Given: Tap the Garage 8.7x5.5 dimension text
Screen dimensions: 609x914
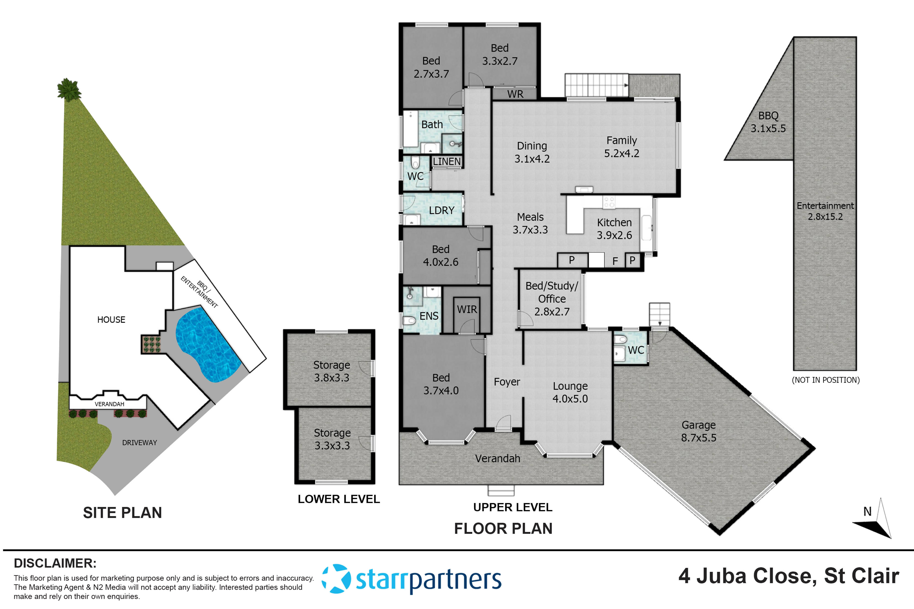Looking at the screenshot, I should [698, 438].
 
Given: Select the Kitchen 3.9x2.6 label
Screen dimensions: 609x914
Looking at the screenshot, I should [614, 229].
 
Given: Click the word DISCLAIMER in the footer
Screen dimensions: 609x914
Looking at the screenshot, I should [55, 563].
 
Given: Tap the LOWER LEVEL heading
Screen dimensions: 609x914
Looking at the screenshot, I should [338, 499].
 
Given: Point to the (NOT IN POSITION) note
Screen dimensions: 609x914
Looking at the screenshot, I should [825, 380].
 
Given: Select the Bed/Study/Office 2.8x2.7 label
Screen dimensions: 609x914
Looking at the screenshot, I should [551, 299].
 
